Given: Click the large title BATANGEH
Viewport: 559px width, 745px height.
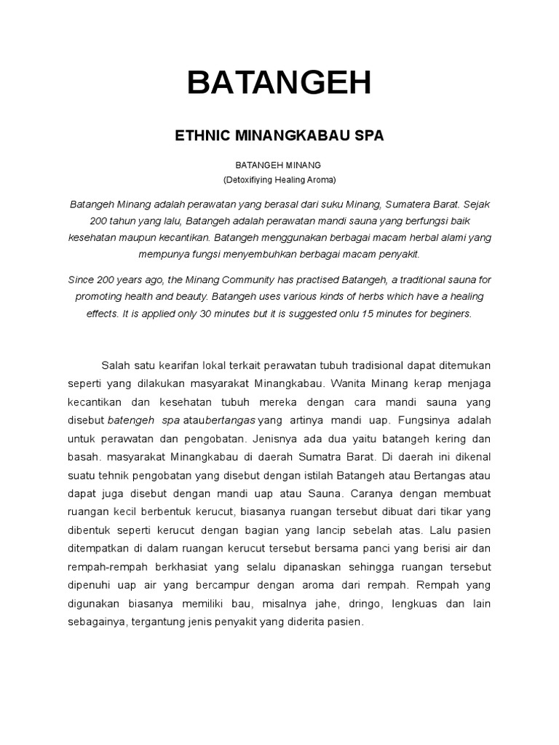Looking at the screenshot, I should point(279,84).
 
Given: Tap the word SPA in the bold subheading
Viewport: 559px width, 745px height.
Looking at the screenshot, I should point(368,135).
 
